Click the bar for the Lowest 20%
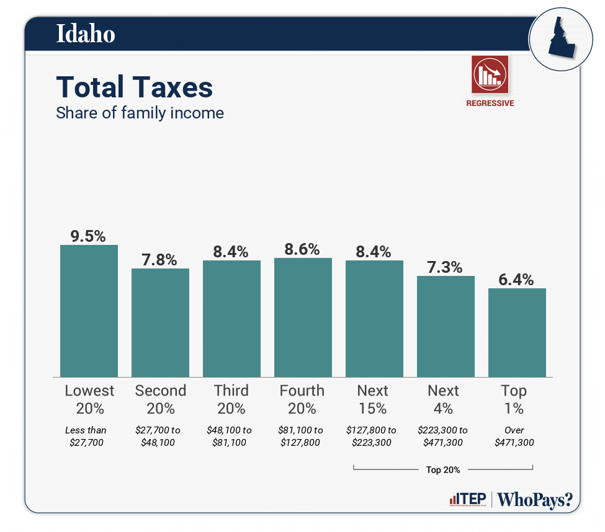click(x=89, y=311)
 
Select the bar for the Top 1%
click(x=517, y=332)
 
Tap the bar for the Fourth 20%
click(x=303, y=317)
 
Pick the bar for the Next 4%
click(x=446, y=326)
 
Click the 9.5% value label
click(x=88, y=236)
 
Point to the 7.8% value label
click(x=159, y=259)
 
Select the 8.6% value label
click(x=302, y=249)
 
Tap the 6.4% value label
click(x=516, y=280)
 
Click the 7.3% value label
click(x=445, y=267)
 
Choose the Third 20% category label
click(x=231, y=399)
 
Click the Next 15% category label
click(x=373, y=399)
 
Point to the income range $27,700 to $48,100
click(x=160, y=437)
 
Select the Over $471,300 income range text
click(x=514, y=437)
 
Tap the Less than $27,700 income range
click(x=86, y=437)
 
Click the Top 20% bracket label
click(x=443, y=470)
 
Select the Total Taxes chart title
click(x=135, y=87)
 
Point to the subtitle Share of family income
click(x=140, y=113)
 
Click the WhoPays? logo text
click(x=536, y=500)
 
